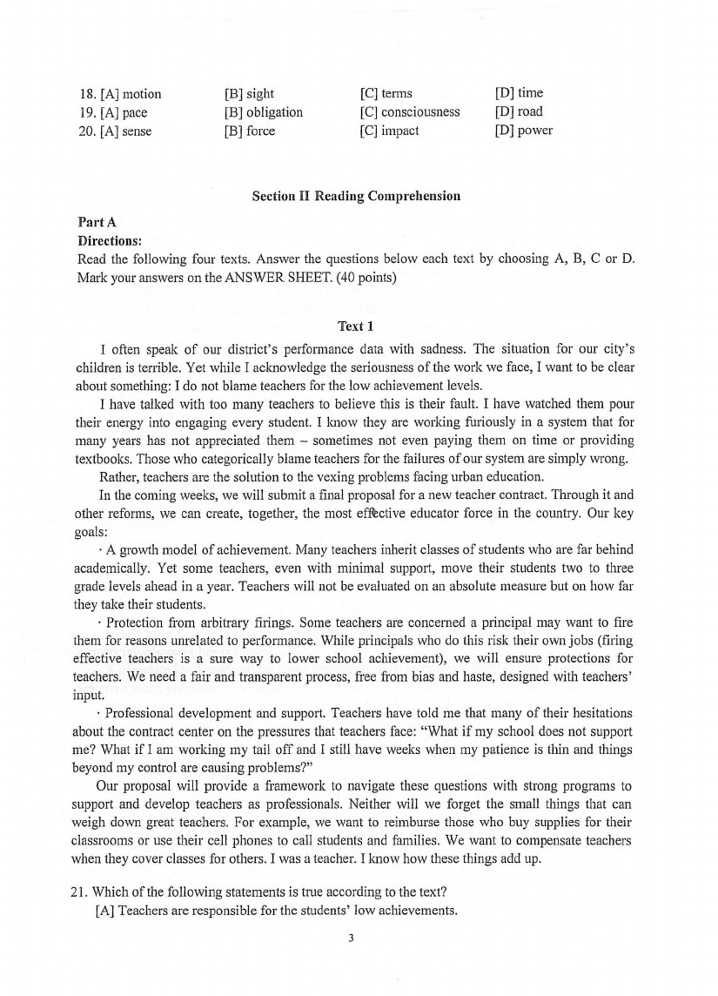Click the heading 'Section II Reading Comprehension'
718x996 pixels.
(356, 196)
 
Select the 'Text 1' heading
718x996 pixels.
(355, 326)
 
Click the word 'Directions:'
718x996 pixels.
(110, 240)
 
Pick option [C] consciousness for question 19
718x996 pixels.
(409, 112)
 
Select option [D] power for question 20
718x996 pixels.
(523, 131)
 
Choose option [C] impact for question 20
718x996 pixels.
(389, 131)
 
